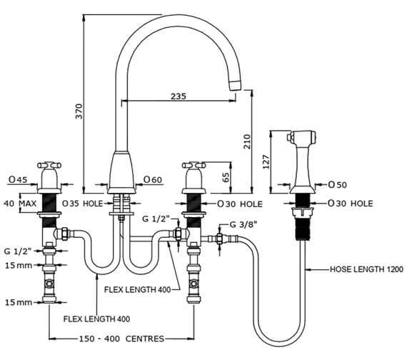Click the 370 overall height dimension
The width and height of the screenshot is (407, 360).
point(79,111)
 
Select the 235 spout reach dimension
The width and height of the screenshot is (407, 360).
point(179,96)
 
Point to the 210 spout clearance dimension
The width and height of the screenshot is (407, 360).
point(247,141)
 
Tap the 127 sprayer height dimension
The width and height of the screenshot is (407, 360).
point(266,162)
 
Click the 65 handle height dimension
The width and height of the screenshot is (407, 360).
point(226,177)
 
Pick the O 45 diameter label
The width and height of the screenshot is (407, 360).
point(18,179)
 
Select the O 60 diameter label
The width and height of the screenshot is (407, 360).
point(153,179)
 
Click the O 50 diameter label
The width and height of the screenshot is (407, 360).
point(338,185)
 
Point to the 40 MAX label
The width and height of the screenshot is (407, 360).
point(20,203)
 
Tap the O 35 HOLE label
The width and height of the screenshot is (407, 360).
point(83,204)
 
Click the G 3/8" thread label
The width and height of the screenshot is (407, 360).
point(243,224)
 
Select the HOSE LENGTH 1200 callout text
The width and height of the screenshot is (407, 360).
point(366,269)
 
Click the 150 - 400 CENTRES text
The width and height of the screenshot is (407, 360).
point(121,339)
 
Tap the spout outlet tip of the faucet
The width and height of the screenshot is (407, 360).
point(236,85)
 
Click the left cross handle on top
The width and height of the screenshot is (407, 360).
point(49,165)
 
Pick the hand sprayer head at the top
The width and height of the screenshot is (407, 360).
point(301,137)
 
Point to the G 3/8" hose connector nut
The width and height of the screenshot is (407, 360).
point(220,238)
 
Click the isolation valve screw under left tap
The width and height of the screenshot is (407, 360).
point(49,283)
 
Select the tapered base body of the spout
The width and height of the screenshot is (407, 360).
point(121,172)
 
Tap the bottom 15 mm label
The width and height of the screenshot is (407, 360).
point(19,302)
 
